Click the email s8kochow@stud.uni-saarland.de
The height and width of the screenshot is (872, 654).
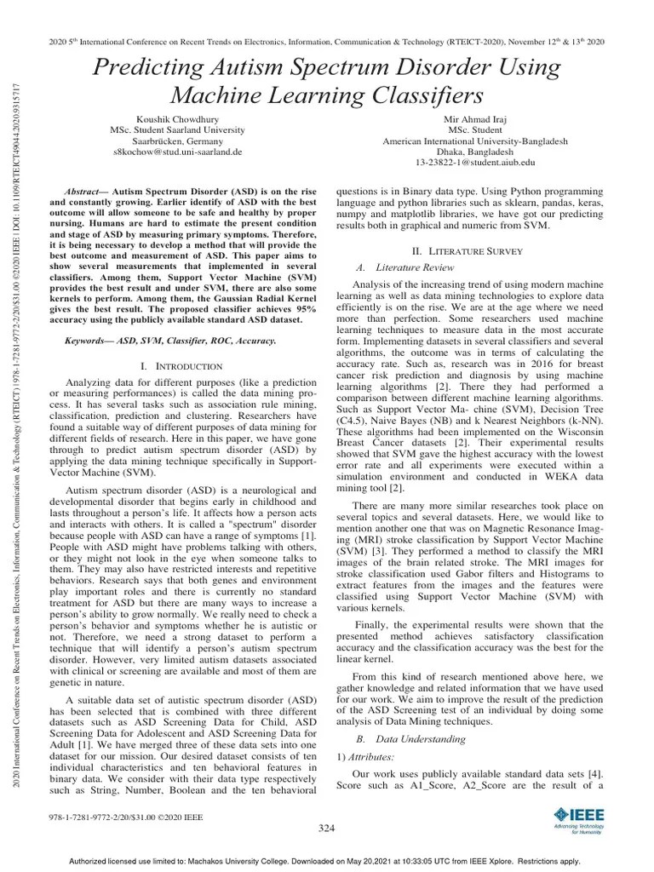178,152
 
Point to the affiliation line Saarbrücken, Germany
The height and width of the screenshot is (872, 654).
178,141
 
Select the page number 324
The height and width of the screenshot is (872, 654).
327,828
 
